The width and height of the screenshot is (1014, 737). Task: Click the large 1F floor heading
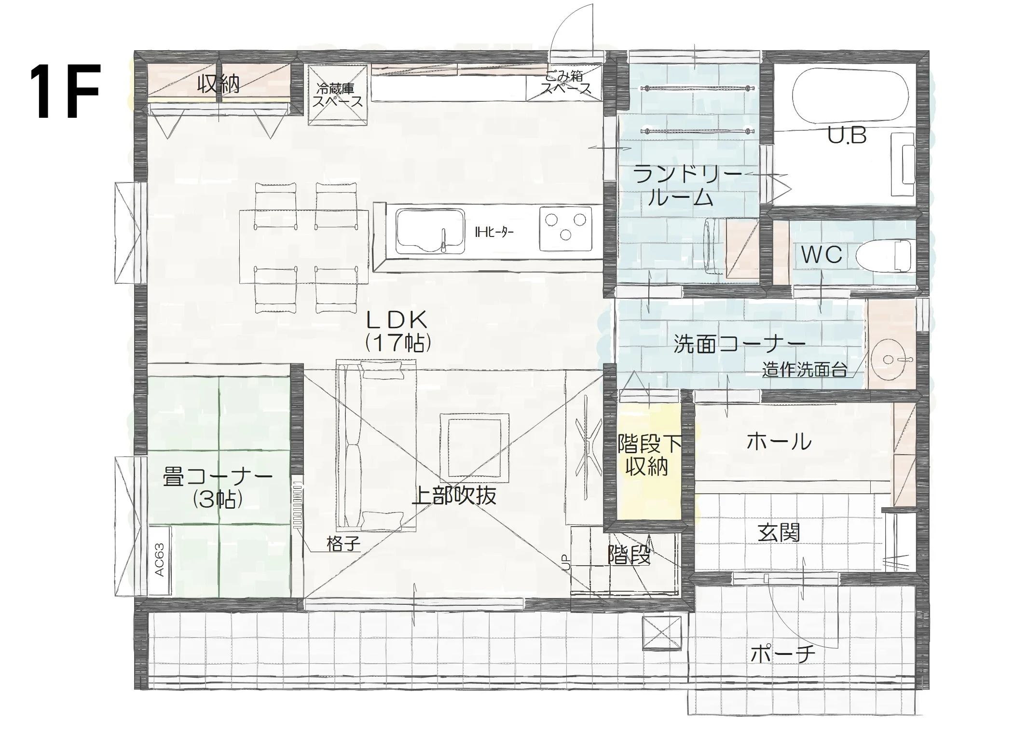[x=65, y=91]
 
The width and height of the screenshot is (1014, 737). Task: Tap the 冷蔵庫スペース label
[x=337, y=95]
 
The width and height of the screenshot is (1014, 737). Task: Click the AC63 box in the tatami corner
[x=160, y=560]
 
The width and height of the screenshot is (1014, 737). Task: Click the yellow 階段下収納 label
[x=649, y=455]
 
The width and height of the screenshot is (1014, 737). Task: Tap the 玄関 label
[x=779, y=532]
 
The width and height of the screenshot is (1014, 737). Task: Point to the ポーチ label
[x=783, y=654]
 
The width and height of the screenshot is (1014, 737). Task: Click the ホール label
[x=779, y=441]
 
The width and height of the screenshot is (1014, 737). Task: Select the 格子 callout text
[x=343, y=544]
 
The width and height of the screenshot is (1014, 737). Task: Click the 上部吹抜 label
[x=454, y=496]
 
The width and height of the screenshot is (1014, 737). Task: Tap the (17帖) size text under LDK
[x=398, y=342]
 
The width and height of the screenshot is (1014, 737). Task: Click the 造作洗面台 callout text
[x=805, y=370]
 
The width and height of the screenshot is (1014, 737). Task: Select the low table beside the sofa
[x=474, y=447]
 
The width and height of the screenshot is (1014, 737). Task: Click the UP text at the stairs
[x=566, y=564]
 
